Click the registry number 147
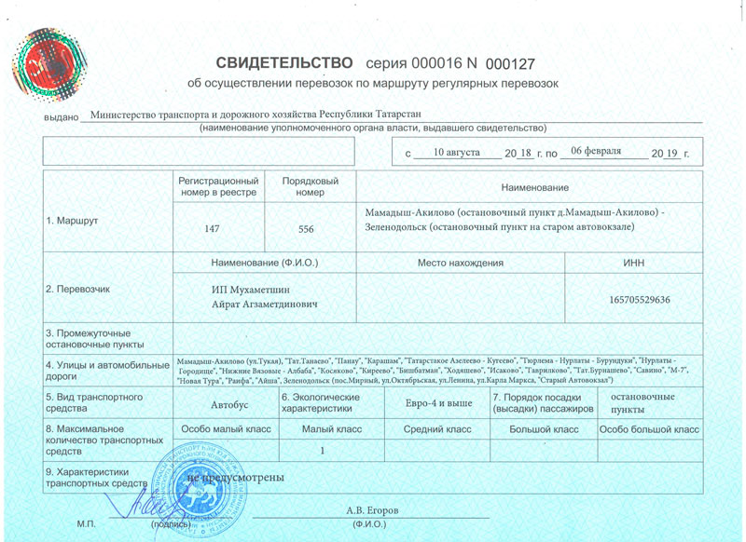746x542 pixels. [212, 228]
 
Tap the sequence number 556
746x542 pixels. [306, 228]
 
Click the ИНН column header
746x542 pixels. [634, 264]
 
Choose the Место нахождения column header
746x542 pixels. [462, 264]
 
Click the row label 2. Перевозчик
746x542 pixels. [78, 289]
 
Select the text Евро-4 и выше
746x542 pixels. [434, 405]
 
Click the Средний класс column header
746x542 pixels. [436, 429]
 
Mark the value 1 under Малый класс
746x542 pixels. [321, 451]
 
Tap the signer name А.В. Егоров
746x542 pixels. [373, 510]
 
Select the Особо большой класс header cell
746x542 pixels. [649, 429]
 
